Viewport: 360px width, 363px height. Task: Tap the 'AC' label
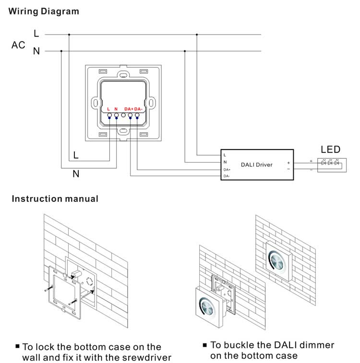(x=18, y=45)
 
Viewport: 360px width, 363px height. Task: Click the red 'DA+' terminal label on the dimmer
(x=129, y=109)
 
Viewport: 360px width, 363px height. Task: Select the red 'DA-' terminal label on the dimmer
(x=138, y=109)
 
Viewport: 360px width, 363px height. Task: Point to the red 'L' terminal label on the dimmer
(x=108, y=109)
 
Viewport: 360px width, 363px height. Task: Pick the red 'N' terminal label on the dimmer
(x=116, y=109)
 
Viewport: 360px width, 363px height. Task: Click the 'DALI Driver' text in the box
(x=256, y=164)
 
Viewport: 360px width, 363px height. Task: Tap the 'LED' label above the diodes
(x=330, y=149)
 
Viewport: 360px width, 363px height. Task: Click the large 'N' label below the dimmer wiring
(x=76, y=174)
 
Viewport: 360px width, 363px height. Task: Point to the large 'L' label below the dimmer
(x=76, y=156)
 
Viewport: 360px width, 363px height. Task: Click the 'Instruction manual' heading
(x=55, y=199)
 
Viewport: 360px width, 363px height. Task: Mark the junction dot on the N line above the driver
(x=185, y=51)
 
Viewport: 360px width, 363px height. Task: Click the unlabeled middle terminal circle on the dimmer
(x=123, y=116)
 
